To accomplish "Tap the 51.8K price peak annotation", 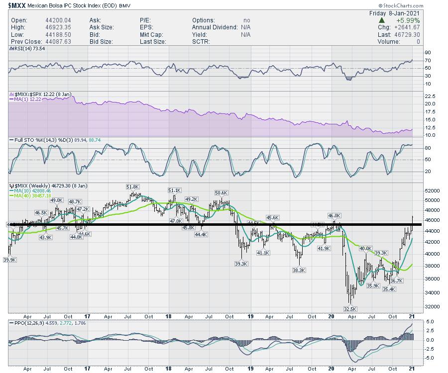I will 133,186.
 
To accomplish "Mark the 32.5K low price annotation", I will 350,309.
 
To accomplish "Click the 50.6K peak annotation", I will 221,192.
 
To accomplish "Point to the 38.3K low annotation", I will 299,270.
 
